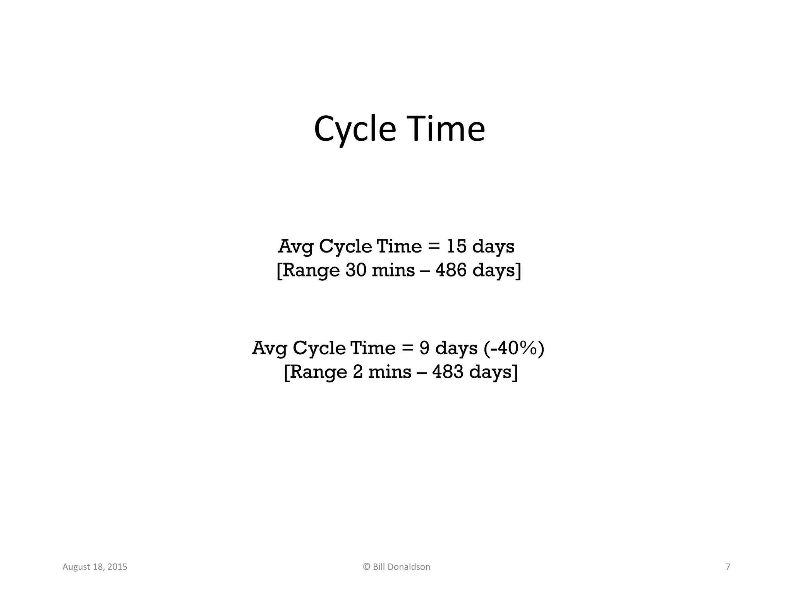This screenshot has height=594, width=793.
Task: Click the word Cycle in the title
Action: (x=355, y=129)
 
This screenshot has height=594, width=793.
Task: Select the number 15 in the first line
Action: (x=457, y=246)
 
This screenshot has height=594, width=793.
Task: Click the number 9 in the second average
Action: (x=424, y=348)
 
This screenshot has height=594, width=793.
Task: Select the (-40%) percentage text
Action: (x=514, y=348)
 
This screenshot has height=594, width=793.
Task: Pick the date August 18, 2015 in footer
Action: (x=95, y=567)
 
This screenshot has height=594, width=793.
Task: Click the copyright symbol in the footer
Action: (x=367, y=567)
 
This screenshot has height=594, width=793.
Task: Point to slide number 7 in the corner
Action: (x=728, y=567)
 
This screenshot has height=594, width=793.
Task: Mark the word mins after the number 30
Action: (x=393, y=270)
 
